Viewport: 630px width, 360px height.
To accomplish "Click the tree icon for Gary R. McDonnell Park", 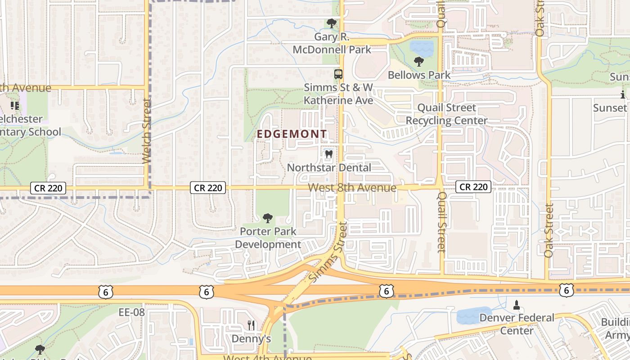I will click(332, 23).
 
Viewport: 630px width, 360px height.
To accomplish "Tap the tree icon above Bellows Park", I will click(419, 61).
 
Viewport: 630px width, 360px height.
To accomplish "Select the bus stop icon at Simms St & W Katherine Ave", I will click(338, 74).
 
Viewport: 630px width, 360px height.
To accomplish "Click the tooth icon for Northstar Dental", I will click(328, 154).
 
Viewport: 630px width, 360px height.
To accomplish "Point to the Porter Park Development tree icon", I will click(268, 218).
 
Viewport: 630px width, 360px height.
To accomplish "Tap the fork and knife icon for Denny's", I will click(251, 325).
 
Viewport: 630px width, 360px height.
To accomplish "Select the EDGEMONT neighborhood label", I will click(292, 134).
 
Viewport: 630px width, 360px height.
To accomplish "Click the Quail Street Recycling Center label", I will click(446, 114).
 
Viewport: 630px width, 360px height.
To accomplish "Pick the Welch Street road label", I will click(146, 131).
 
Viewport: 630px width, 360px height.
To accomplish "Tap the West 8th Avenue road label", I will click(352, 188).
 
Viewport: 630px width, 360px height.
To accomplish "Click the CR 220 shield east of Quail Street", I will click(473, 187).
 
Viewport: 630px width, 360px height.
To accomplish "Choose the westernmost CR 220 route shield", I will click(48, 188).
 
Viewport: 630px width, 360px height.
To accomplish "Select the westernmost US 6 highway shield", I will click(105, 292).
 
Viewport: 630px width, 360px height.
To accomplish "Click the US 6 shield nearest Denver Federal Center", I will click(566, 290).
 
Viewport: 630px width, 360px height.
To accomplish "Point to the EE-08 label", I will click(131, 312).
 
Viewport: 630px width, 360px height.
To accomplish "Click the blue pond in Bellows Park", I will click(421, 47).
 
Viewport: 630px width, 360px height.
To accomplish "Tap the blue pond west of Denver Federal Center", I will click(474, 315).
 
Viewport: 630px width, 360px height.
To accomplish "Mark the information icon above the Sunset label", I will click(623, 94).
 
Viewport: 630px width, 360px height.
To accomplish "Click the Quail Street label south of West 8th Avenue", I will click(442, 222).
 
